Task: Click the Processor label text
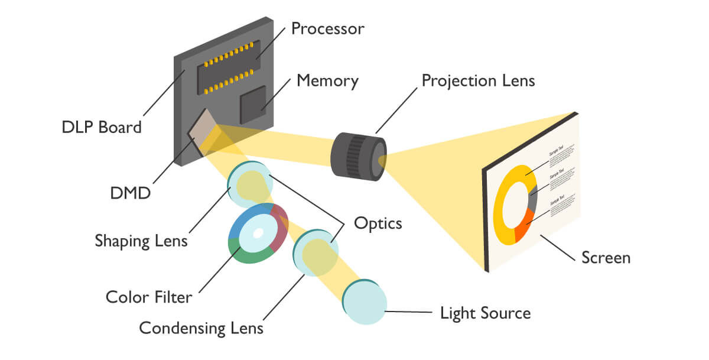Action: tap(328, 28)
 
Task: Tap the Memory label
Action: tap(327, 80)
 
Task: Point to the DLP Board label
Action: tap(102, 127)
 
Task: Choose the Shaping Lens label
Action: tap(141, 241)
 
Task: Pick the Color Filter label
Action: tap(149, 296)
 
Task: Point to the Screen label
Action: tap(606, 258)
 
